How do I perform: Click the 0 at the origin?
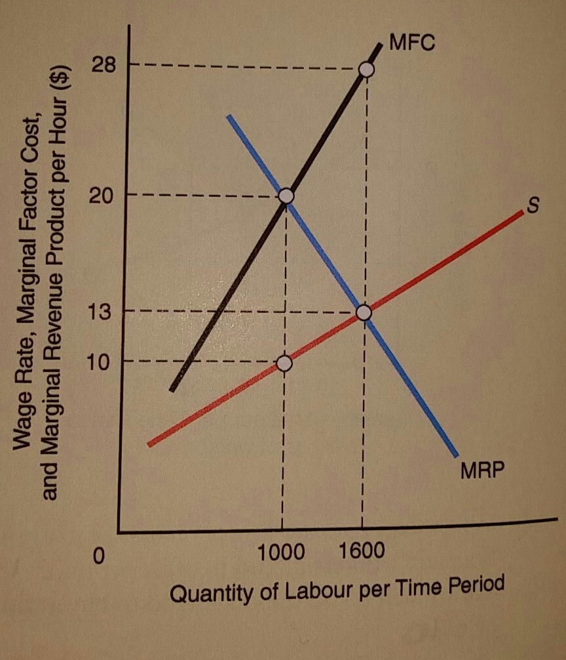[98, 556]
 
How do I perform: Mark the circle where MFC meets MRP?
[286, 196]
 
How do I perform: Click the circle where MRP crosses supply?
[364, 313]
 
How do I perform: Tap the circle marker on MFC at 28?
[367, 69]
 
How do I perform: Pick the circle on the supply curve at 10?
[284, 363]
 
